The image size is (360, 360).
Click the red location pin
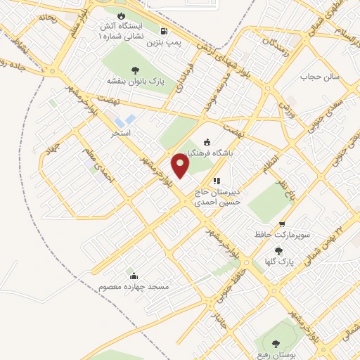(x=182, y=165)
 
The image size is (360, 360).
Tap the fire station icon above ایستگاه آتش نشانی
(x=120, y=15)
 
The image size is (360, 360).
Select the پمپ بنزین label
(x=164, y=42)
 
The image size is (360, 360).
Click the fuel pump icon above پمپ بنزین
(x=164, y=31)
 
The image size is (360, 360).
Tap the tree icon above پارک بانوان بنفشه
(x=135, y=70)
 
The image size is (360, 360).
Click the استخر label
(x=121, y=131)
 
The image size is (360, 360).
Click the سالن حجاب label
(x=320, y=75)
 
